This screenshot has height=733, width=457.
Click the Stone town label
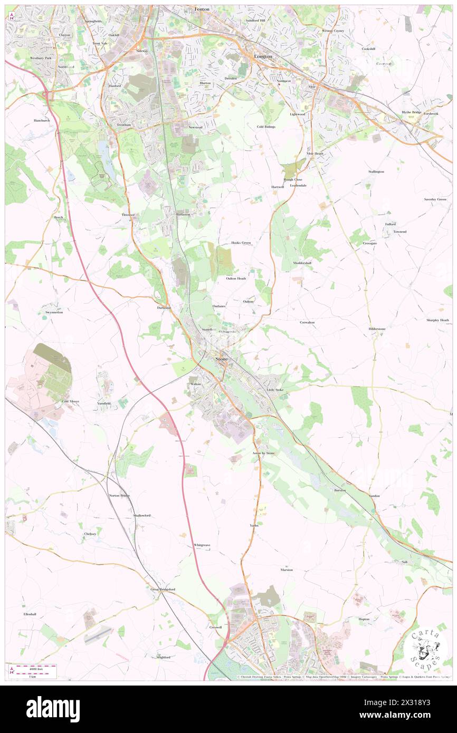pos(222,359)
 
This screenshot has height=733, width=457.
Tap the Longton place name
pos(263,56)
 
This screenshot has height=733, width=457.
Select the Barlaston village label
pos(183,215)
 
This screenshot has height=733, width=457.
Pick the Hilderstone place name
pos(377,329)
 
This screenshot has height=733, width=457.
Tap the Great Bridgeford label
pos(163,589)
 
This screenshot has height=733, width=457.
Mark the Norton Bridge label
pos(119,496)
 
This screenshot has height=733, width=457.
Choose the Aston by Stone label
pos(263,453)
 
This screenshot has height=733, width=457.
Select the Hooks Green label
pos(241,243)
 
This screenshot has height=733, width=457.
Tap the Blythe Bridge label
pos(411,112)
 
